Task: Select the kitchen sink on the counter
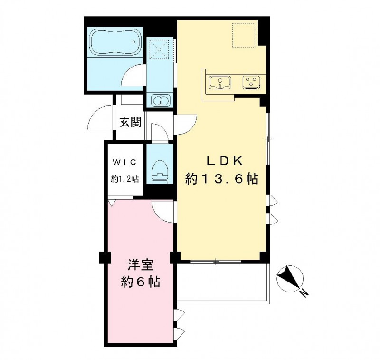(220, 82)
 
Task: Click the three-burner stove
(252, 82)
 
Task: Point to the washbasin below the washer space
(160, 100)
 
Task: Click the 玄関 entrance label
(131, 122)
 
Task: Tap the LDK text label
(224, 161)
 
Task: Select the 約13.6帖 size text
(221, 179)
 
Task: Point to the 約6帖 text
(141, 282)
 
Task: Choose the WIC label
(124, 162)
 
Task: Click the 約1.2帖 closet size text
(125, 179)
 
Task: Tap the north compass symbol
(290, 278)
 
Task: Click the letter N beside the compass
(304, 293)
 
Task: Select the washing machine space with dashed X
(159, 50)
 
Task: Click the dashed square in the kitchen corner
(244, 35)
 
